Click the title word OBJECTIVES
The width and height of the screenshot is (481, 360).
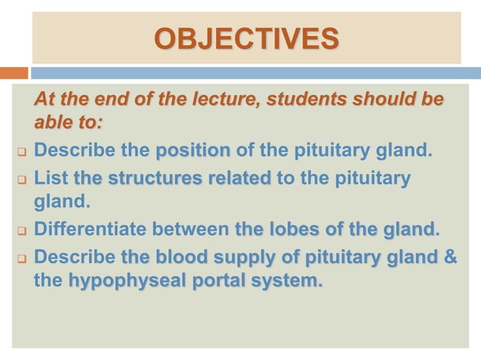click(x=247, y=38)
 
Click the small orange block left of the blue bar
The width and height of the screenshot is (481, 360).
click(x=14, y=73)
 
